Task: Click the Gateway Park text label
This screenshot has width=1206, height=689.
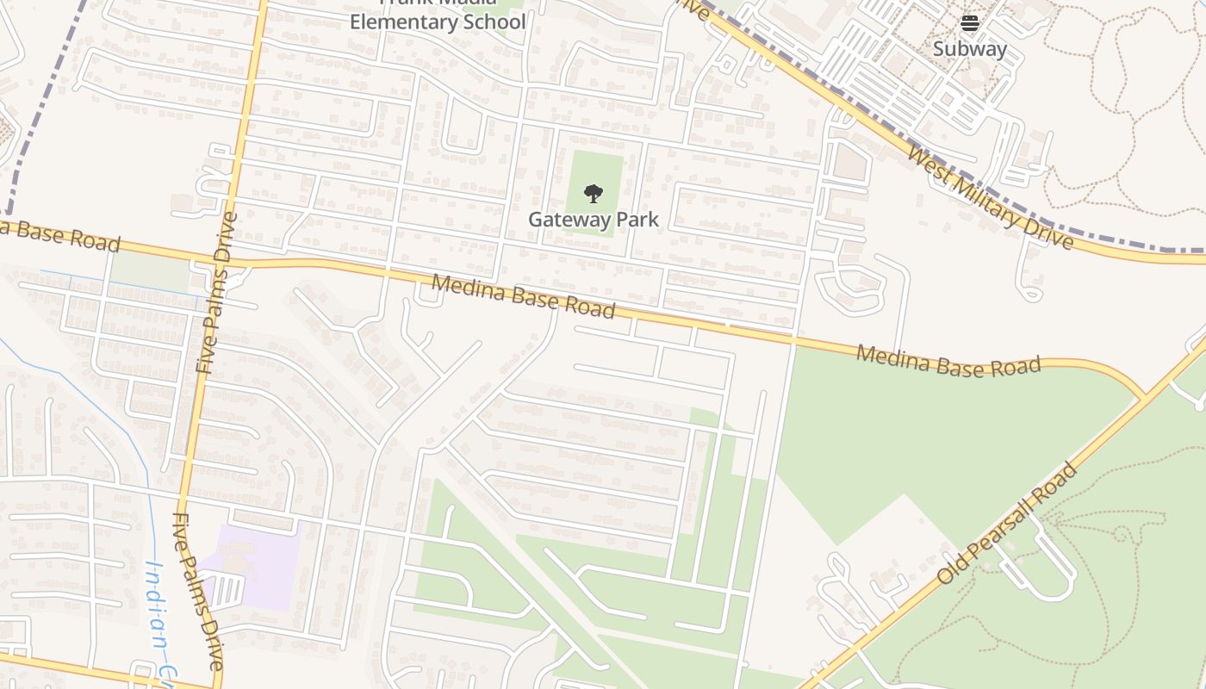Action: tap(593, 220)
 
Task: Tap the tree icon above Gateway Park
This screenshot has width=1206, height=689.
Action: tap(593, 193)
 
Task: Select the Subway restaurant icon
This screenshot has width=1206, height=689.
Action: tap(970, 23)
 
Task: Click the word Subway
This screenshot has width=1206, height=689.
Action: tap(970, 49)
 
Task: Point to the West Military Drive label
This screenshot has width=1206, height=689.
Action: tap(991, 198)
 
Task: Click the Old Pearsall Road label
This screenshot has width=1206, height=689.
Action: tap(1007, 524)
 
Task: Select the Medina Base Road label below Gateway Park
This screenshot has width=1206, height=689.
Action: tap(524, 296)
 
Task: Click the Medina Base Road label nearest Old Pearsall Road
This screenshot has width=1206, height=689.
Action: tap(948, 361)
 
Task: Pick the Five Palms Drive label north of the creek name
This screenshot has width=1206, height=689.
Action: tap(216, 293)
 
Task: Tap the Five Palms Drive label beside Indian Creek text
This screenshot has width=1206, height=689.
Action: tap(199, 591)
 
